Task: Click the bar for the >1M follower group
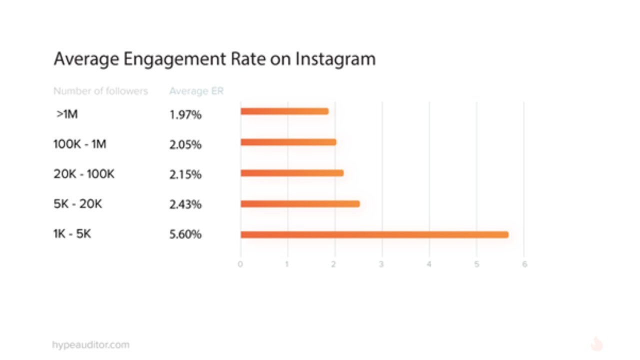point(284,111)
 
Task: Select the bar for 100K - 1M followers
point(288,142)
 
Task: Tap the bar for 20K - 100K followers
point(291,173)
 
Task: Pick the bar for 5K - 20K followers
point(300,203)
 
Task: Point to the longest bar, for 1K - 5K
point(374,234)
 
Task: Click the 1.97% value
point(185,114)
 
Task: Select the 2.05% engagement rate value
point(185,144)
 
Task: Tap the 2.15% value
point(185,174)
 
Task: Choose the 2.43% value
point(185,204)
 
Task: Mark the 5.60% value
point(185,234)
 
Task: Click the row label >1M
point(67,114)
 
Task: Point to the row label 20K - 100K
point(84,174)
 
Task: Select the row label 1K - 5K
point(72,233)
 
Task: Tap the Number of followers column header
point(100,91)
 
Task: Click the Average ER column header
point(196,91)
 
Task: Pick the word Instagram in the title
point(335,59)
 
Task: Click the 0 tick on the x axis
point(240,264)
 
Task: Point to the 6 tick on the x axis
point(524,264)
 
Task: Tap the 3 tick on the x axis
point(381,264)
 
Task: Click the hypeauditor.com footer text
point(90,344)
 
